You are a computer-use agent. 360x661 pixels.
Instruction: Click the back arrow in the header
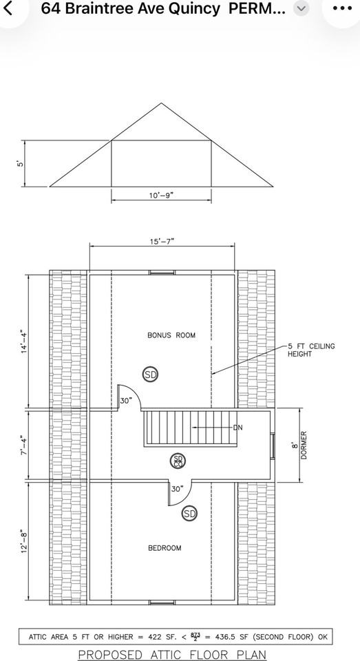[x=8, y=8]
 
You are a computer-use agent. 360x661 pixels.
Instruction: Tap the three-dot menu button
[x=342, y=8]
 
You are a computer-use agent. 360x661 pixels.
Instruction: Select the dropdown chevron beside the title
[x=301, y=8]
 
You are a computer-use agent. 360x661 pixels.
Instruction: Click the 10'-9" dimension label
[x=162, y=196]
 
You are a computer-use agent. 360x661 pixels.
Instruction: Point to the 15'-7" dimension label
[x=162, y=241]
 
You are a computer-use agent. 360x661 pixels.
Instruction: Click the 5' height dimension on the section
[x=19, y=164]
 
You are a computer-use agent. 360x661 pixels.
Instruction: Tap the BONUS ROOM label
[x=171, y=335]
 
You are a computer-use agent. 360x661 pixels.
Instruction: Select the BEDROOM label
[x=165, y=548]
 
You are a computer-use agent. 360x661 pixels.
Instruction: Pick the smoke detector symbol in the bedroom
[x=190, y=514]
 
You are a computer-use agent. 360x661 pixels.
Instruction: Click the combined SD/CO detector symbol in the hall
[x=178, y=461]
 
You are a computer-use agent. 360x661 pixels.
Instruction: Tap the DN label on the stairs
[x=237, y=428]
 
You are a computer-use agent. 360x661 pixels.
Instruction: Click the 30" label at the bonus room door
[x=126, y=401]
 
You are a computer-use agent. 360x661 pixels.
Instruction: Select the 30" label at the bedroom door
[x=178, y=489]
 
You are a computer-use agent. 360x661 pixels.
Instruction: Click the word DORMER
[x=304, y=445]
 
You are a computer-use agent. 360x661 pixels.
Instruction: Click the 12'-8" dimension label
[x=25, y=543]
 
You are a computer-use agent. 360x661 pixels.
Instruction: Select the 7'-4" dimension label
[x=25, y=444]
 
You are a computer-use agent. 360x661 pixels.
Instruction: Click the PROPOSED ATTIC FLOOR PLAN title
[x=172, y=655]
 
